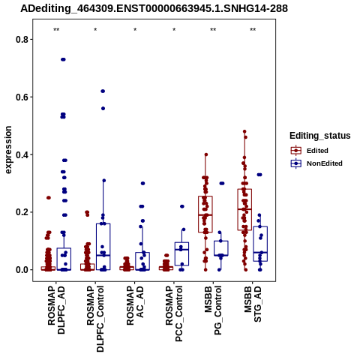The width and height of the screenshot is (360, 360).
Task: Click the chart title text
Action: coord(154,8)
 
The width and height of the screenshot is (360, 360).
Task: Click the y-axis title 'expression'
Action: coord(8,150)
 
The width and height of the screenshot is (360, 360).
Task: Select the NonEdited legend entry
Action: coord(316,163)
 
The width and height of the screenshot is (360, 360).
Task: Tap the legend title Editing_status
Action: coord(319,136)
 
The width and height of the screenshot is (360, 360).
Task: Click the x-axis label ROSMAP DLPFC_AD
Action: coord(56,310)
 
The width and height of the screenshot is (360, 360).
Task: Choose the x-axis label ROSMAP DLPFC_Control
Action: coord(95,319)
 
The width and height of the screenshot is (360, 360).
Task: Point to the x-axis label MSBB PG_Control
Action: coord(213,310)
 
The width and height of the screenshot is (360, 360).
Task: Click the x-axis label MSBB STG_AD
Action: coord(253,304)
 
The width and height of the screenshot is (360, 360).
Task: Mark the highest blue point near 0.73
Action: coord(63,59)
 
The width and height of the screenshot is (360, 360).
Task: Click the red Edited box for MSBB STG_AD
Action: coord(244,209)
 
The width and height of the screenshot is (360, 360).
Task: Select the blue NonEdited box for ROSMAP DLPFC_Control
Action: coord(103,247)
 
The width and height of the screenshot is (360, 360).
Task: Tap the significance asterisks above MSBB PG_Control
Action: coord(213,30)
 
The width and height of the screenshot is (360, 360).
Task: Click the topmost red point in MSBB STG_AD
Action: coord(244,131)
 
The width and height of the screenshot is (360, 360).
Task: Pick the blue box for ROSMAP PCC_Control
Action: coord(181,253)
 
